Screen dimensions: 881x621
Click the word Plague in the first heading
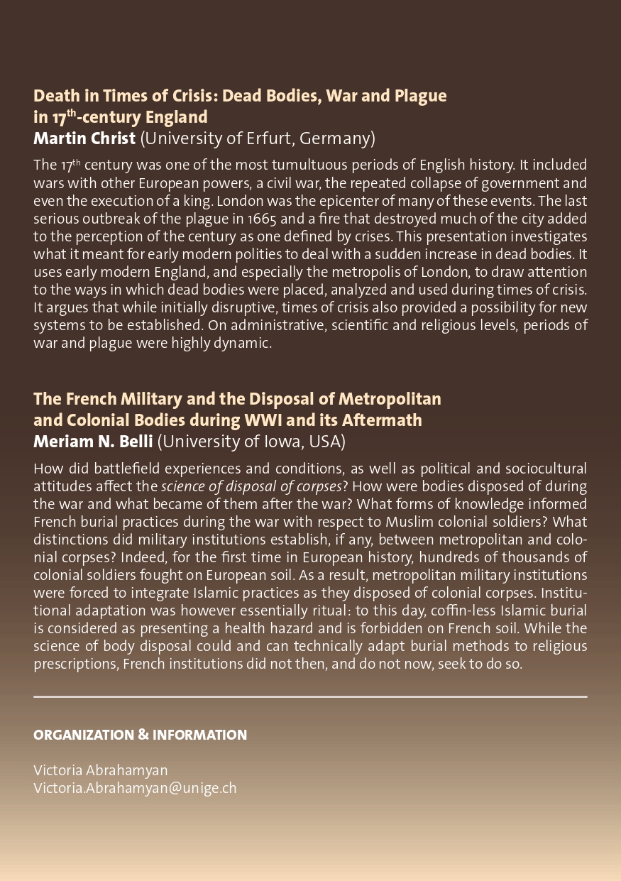[x=420, y=96]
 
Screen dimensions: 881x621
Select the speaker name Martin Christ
[x=84, y=138]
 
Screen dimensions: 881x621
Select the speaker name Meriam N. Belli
[x=93, y=442]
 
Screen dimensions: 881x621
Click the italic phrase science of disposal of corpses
[x=251, y=486]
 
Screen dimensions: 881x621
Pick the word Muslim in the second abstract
[x=412, y=522]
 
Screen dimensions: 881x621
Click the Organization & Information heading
[x=140, y=735]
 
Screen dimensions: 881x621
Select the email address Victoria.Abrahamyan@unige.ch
[x=135, y=788]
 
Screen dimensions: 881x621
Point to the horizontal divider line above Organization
[x=310, y=697]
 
